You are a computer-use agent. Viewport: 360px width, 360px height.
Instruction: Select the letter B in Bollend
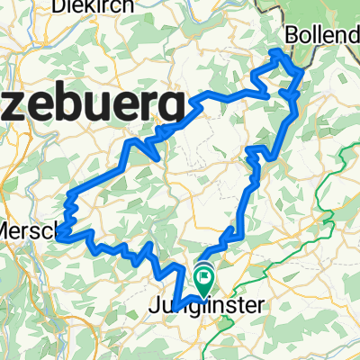[x=291, y=35]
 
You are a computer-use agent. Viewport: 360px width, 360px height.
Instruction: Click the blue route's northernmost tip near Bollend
[x=276, y=51]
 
